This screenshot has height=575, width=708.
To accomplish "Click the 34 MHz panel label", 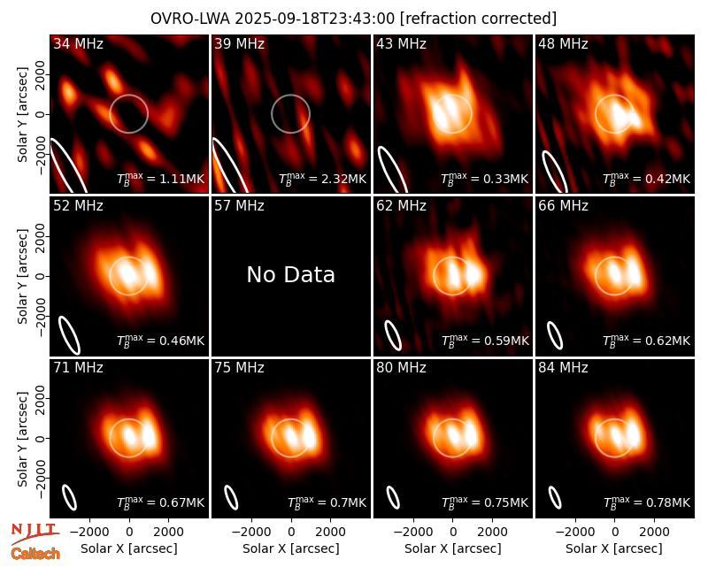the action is [78, 43].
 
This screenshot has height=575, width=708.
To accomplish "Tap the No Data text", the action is [291, 275].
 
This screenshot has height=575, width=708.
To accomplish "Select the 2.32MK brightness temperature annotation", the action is [322, 180].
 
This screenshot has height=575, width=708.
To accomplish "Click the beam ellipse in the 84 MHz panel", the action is [555, 497].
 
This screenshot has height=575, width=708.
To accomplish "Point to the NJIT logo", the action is [35, 533].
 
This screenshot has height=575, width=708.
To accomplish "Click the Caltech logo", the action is [35, 554].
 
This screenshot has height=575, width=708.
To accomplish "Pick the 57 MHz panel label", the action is [239, 206].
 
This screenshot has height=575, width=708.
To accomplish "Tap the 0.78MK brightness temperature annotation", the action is [647, 502].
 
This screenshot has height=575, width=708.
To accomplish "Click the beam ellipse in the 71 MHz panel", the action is [70, 497].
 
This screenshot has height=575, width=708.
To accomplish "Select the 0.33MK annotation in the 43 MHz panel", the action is [484, 180].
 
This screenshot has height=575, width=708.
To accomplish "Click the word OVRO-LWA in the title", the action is [189, 19].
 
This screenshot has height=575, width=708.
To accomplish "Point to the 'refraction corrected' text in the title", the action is [479, 19].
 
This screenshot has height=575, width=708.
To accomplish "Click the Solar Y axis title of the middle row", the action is [23, 276].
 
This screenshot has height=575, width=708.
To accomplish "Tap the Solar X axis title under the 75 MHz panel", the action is [291, 548].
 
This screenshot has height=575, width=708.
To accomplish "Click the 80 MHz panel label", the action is [401, 368].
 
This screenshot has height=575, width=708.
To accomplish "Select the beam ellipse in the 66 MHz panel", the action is [555, 335].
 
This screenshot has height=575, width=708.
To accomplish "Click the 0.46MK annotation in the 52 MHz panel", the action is [161, 341].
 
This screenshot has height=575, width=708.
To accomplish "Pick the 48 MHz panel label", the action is [563, 43].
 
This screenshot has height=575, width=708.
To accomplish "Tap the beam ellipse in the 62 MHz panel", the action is [393, 335].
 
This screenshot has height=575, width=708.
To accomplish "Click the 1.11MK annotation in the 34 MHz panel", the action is [161, 180].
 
